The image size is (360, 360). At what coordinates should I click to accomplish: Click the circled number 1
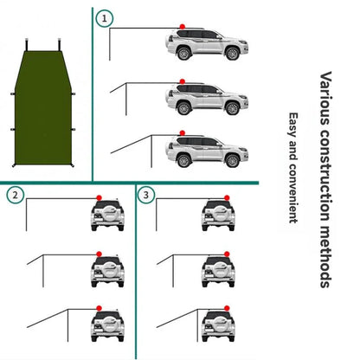pyautogui.click(x=105, y=18)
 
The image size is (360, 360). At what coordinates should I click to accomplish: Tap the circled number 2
pyautogui.click(x=15, y=196)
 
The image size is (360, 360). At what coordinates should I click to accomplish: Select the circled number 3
pyautogui.click(x=146, y=196)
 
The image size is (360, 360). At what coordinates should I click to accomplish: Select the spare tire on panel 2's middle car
pyautogui.click(x=101, y=273)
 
